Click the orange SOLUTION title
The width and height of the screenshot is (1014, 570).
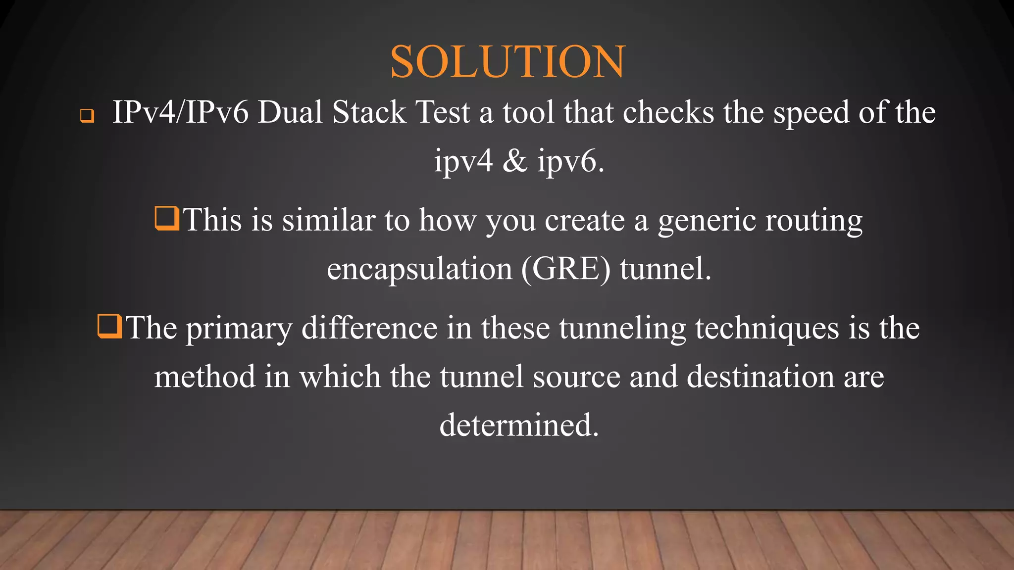click(507, 62)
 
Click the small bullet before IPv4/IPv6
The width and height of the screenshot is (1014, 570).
click(87, 116)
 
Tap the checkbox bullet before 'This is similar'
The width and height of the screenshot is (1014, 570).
click(166, 219)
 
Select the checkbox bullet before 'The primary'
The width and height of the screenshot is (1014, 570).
click(109, 327)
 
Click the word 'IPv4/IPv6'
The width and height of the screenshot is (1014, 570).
click(180, 112)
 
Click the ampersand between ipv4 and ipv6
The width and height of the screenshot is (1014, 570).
click(515, 161)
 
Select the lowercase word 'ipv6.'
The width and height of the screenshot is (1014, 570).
click(571, 162)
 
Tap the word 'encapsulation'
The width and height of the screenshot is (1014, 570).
click(419, 270)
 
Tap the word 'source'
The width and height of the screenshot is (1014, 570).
click(576, 377)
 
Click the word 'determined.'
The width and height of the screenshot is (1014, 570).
click(519, 425)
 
